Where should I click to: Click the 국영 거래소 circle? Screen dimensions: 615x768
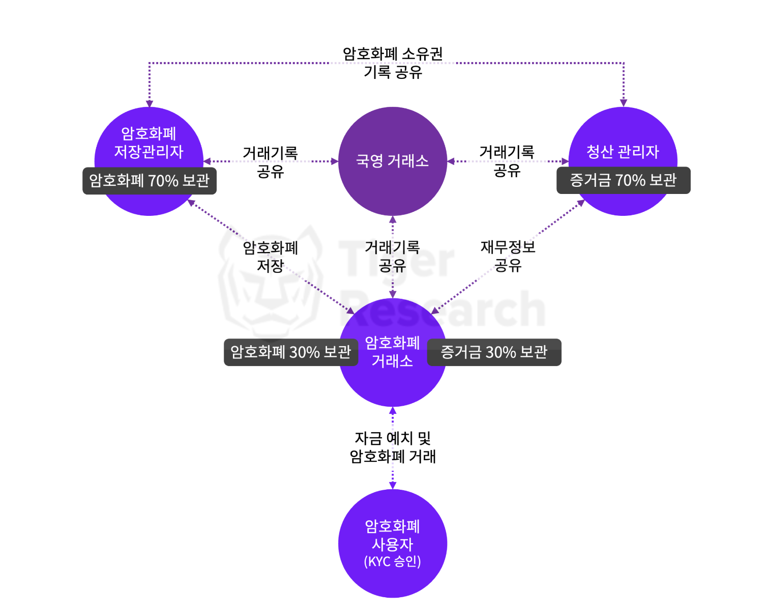coord(392,161)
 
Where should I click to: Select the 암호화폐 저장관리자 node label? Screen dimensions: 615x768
coord(149,143)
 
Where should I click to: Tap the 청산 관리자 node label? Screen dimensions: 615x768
coord(623,151)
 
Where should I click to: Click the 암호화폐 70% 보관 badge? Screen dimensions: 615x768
coord(150,181)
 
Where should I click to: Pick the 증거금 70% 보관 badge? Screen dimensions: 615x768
coord(623,180)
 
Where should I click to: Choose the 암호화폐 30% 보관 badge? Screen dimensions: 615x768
coord(290,352)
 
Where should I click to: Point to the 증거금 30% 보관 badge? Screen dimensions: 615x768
coord(494,352)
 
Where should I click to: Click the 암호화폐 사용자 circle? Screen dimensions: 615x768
coord(392,543)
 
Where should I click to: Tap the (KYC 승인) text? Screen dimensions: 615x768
coord(392,562)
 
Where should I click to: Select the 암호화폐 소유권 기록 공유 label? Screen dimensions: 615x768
coord(393,63)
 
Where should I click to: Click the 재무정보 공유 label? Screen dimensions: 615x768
coord(508,256)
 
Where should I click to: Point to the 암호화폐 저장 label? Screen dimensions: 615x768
coord(270,257)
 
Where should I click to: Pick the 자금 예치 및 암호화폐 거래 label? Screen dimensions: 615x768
coord(393,447)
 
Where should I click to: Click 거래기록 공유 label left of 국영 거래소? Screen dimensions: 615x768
coord(270,162)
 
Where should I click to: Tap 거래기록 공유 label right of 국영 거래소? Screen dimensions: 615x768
coord(507,161)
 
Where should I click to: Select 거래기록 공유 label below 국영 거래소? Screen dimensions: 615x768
coord(392,256)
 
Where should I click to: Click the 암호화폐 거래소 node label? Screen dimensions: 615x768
coord(392,352)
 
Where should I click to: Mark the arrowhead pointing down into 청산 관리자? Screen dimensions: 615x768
coord(624,103)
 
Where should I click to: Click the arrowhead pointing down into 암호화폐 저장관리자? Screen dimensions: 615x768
coord(150,103)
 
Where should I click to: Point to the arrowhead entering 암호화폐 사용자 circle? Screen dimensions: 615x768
coord(392,486)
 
